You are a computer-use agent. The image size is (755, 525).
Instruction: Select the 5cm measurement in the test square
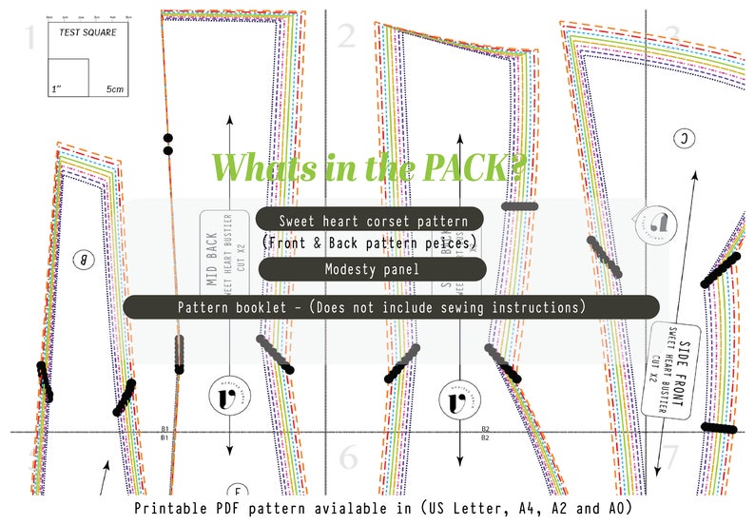click(115, 89)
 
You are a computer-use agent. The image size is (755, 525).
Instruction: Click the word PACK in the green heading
click(466, 167)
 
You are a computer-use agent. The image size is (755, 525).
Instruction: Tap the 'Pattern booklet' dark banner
click(391, 307)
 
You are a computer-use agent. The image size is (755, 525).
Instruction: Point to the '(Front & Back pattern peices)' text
click(369, 244)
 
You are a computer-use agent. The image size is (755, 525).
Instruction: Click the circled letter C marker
click(685, 139)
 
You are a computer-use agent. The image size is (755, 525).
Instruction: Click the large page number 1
click(29, 38)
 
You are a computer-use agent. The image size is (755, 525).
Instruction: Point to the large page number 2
click(346, 37)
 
